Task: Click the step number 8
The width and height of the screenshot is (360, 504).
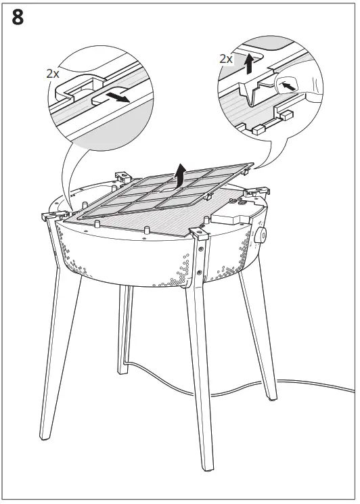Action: point(18,18)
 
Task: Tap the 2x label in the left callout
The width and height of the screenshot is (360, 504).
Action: point(53,73)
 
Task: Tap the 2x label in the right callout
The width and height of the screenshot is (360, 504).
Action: point(226,59)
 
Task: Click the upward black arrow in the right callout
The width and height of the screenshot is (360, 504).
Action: point(249,65)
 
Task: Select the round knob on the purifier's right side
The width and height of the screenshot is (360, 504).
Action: point(263,236)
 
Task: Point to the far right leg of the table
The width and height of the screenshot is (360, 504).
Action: point(261,338)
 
